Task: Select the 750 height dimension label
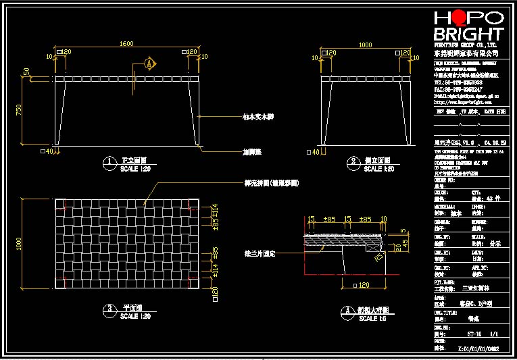click(28, 109)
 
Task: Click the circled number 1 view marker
click(109, 161)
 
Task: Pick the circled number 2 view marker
click(353, 161)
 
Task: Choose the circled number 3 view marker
click(109, 311)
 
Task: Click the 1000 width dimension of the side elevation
click(366, 45)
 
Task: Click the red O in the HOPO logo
click(460, 18)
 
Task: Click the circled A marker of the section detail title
click(347, 311)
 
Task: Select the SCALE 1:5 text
click(374, 318)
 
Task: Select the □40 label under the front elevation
click(47, 152)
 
